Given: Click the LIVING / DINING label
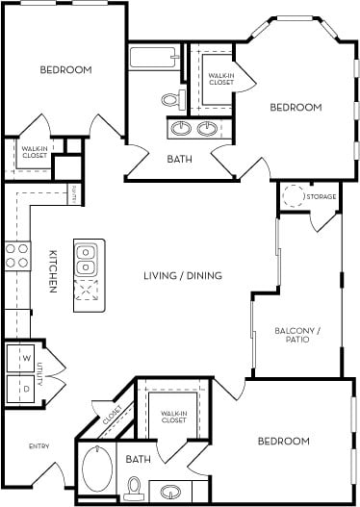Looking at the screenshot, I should (182, 275).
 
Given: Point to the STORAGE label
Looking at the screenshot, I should (321, 197).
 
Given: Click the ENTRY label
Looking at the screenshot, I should (39, 445).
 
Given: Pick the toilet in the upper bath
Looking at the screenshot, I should (172, 99).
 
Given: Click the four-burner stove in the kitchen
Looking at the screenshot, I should (16, 254).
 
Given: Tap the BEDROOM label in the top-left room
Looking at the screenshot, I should (65, 70).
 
